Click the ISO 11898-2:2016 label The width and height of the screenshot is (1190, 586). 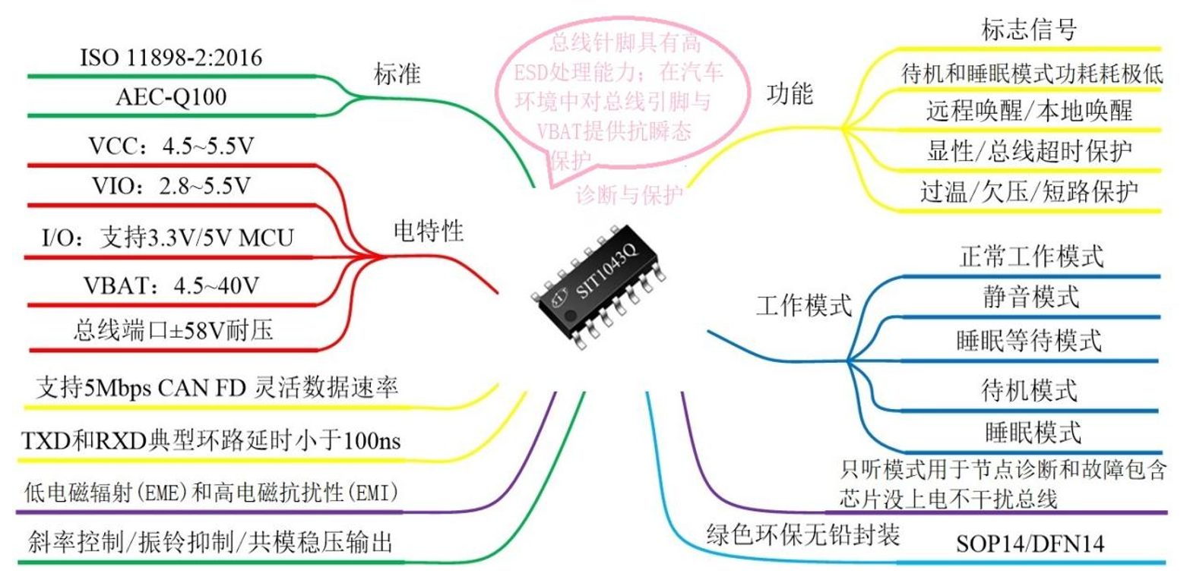pos(171,58)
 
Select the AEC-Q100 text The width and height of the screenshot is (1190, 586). pos(171,98)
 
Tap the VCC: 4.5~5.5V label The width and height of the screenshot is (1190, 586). pos(171,146)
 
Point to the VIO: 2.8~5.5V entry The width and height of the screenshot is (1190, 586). pos(171,187)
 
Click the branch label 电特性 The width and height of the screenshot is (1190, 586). pos(429,230)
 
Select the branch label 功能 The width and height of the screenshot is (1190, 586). pos(790,94)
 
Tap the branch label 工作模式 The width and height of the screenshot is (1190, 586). pos(804,306)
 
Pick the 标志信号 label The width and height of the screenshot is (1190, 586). pos(1028,31)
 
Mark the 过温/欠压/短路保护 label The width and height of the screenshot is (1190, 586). pos(1028,191)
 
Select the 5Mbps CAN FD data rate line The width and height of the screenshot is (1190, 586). pos(217,389)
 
